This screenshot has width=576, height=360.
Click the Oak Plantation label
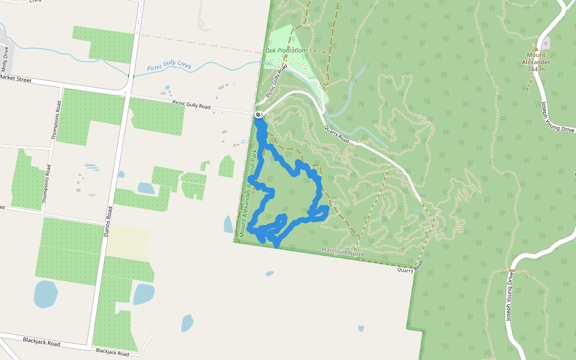pos(285,51)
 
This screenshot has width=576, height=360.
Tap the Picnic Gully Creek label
pos(169,66)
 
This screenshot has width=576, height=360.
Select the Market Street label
pos(15,78)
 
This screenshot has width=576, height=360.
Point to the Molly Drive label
pos(7,59)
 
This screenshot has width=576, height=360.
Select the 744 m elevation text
pos(536,69)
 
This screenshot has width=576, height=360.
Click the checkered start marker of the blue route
pos(259,114)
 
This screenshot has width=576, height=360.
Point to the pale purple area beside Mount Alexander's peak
pos(545,43)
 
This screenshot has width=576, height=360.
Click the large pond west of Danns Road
pos(46,293)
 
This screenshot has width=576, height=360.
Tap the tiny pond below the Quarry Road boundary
pos(361,328)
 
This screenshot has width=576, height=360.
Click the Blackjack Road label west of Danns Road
pos(41,343)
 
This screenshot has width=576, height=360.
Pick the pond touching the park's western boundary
pos(228,224)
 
